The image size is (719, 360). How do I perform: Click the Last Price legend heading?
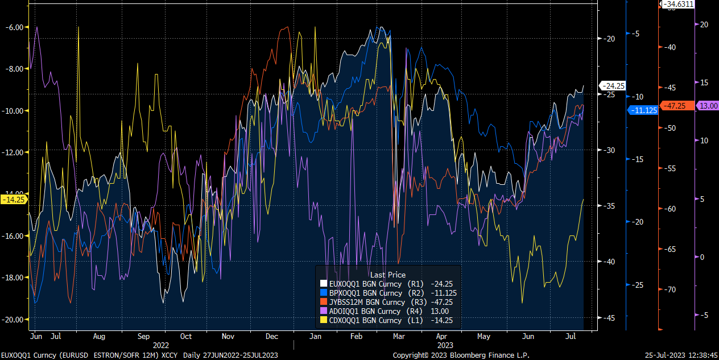tap(388, 275)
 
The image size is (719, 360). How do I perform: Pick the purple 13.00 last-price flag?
tap(708, 106)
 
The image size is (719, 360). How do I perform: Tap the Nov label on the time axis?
tap(229, 336)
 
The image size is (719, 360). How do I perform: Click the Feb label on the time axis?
tap(356, 336)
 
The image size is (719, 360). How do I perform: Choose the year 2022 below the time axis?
tap(161, 345)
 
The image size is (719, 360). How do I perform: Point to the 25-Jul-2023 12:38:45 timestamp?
tap(681, 355)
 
